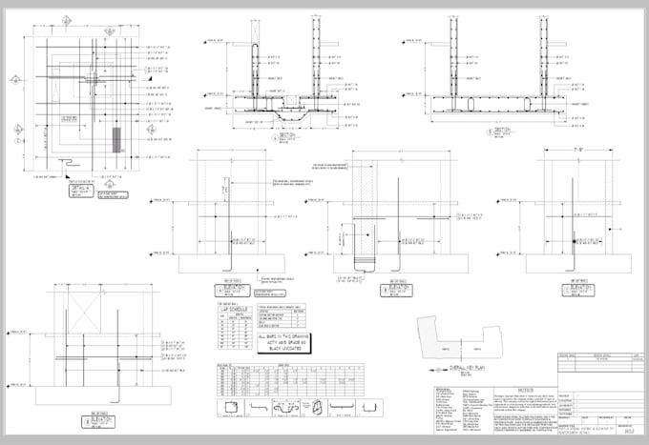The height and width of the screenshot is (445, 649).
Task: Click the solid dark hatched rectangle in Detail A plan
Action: (116, 141)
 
